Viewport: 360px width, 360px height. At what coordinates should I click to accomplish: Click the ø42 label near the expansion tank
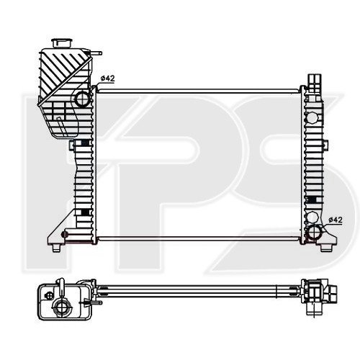pyautogui.click(x=107, y=78)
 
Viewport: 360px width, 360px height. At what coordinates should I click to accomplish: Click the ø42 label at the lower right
pyautogui.click(x=335, y=219)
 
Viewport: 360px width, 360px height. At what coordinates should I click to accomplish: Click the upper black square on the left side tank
pyautogui.click(x=85, y=143)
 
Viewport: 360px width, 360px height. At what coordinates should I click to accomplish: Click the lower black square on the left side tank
pyautogui.click(x=85, y=211)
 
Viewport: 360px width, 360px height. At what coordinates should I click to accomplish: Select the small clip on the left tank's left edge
pyautogui.click(x=72, y=145)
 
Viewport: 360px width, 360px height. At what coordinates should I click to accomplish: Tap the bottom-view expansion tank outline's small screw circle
pyautogui.click(x=48, y=293)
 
